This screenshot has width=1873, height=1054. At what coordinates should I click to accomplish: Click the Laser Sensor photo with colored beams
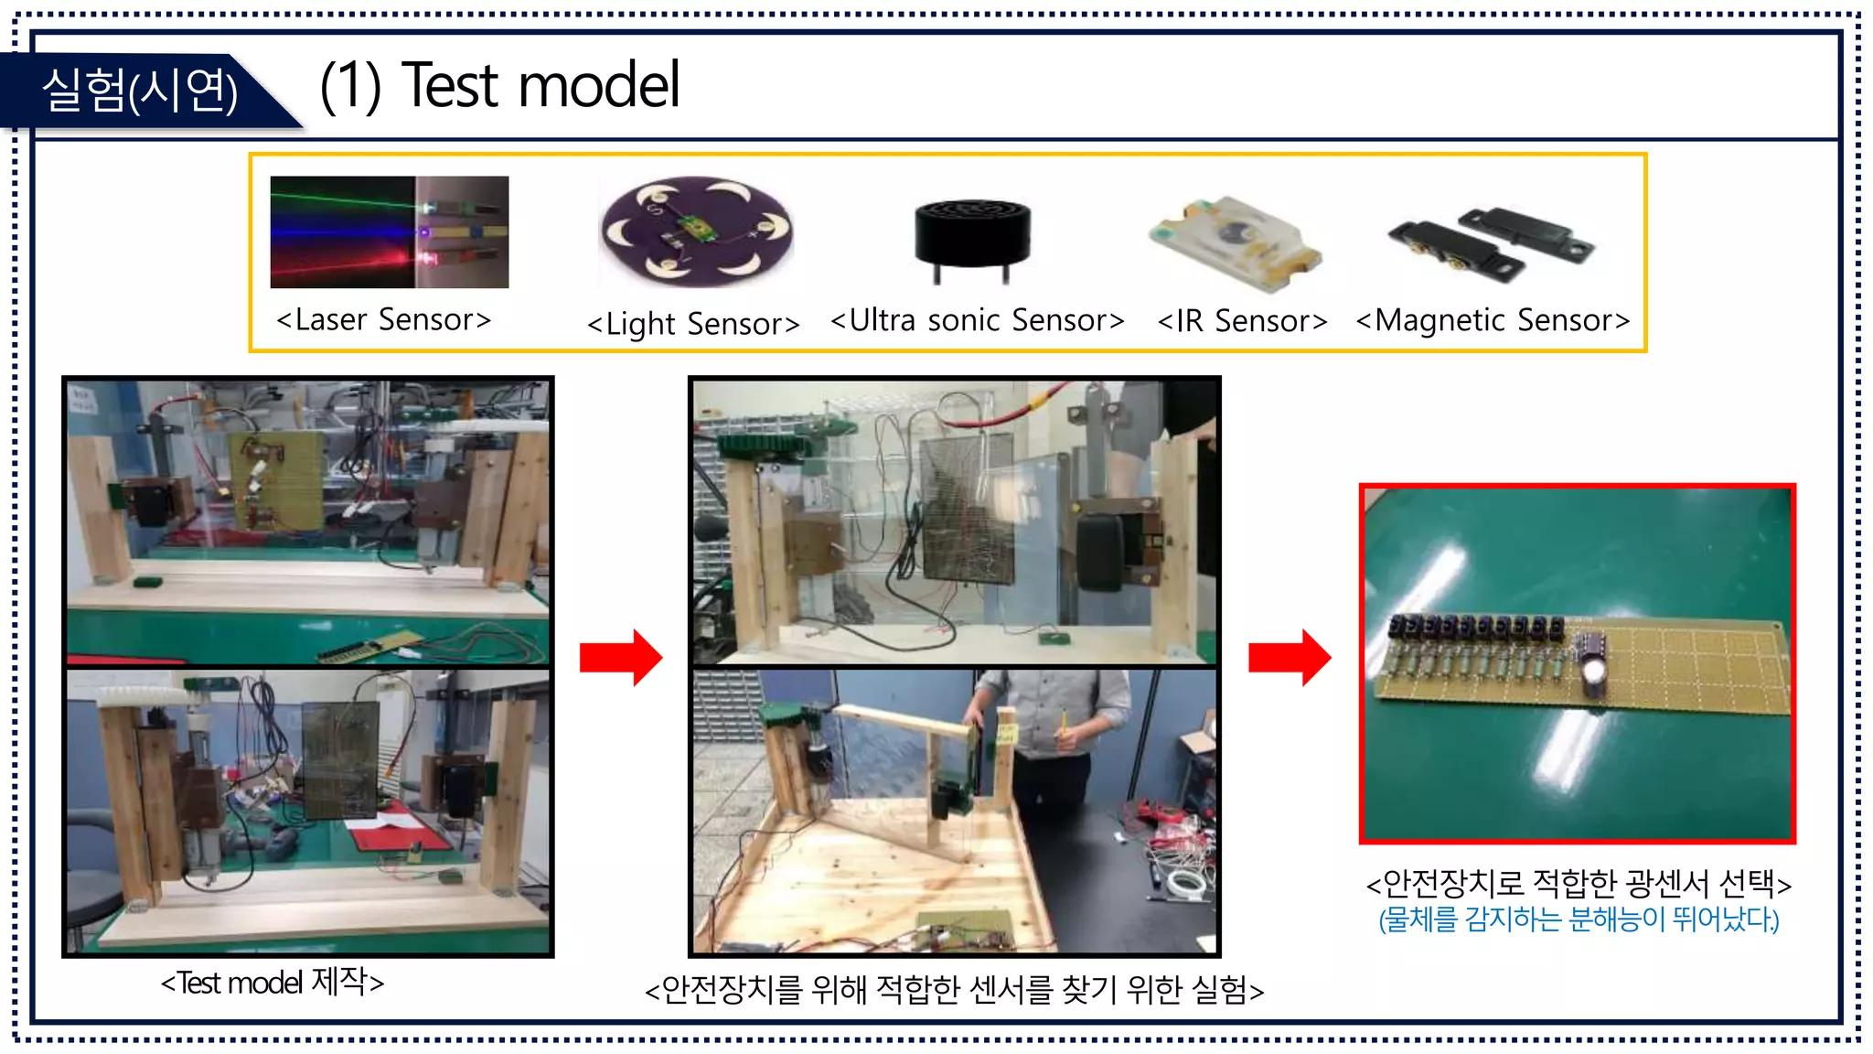(x=389, y=232)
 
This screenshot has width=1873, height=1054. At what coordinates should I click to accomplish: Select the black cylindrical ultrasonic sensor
(x=972, y=236)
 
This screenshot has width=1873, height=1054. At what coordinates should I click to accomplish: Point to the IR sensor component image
(x=1235, y=242)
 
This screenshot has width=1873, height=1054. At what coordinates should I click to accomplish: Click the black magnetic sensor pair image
(x=1491, y=242)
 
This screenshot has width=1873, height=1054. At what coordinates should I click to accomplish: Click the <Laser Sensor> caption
(x=384, y=320)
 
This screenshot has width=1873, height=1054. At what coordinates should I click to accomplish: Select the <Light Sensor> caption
(x=693, y=324)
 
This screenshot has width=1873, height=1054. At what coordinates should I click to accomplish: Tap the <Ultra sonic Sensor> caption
(x=977, y=321)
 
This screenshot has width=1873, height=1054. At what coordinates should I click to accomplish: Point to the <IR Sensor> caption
(x=1242, y=321)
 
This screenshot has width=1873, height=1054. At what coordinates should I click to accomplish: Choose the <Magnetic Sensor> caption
(x=1493, y=321)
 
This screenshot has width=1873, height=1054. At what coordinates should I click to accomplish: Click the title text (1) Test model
(x=499, y=86)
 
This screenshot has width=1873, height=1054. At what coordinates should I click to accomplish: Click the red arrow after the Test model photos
(x=621, y=657)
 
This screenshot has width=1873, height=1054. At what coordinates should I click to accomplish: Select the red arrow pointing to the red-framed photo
(x=1290, y=657)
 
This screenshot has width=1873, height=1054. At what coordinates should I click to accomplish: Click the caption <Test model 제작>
(x=273, y=983)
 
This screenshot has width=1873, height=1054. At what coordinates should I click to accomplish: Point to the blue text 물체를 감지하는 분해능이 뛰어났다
(x=1579, y=920)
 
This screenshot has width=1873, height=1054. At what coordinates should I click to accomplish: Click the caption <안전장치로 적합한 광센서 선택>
(x=1579, y=884)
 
